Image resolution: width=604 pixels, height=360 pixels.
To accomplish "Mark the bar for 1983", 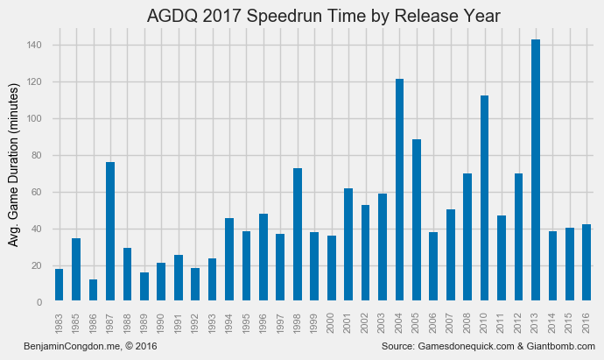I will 60,286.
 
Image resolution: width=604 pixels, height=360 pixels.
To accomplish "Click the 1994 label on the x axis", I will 229,323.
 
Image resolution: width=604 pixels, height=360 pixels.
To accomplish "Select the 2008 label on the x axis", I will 468,323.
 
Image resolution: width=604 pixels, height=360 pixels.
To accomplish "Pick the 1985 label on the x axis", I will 76,323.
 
